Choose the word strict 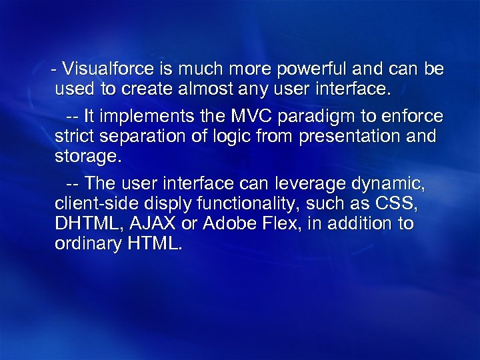pyautogui.click(x=74, y=137)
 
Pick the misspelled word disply pyautogui.click(x=167, y=204)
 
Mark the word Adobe pyautogui.click(x=227, y=223)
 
